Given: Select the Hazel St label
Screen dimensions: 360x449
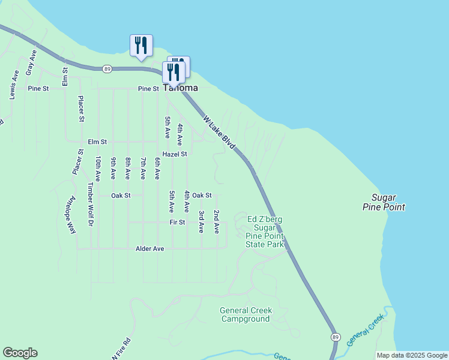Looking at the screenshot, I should point(175,154).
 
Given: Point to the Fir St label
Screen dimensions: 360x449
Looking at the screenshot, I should point(178,222).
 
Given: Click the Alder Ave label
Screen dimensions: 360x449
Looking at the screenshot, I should point(150,248).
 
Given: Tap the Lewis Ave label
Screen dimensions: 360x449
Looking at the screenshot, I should point(14,84).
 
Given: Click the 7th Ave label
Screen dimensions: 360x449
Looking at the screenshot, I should point(143,168).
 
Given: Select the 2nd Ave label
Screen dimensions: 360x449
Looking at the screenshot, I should point(217,221).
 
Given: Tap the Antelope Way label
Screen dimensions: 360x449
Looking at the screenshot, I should point(71,214).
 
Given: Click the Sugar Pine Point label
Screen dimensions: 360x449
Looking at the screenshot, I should point(384,202).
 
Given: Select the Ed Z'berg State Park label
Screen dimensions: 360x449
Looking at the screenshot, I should point(265,232).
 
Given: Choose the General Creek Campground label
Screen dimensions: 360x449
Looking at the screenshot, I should point(246,314).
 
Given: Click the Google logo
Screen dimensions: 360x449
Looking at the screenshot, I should point(20,353).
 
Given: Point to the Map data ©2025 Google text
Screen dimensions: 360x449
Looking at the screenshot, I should point(412,355).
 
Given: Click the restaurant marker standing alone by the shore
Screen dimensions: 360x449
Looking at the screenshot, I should point(141,46).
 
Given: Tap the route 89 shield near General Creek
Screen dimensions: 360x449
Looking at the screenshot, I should point(334,337).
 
